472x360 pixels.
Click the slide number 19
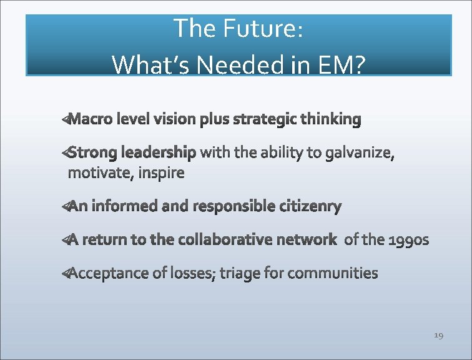438,336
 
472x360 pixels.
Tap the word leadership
159,152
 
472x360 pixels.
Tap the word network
306,239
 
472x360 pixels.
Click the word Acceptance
109,273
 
